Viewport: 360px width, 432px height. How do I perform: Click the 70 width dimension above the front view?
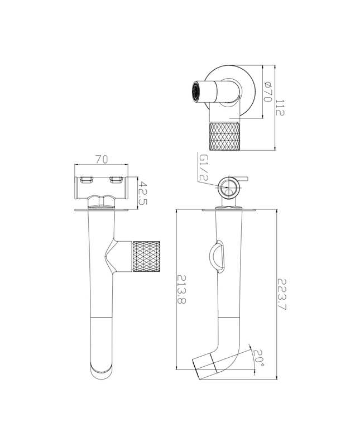pyautogui.click(x=102, y=159)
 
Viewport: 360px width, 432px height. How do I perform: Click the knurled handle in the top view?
pyautogui.click(x=224, y=137)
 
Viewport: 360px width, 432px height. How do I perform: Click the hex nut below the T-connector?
pyautogui.click(x=101, y=201)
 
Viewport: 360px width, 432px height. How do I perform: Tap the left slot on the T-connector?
pyautogui.click(x=86, y=179)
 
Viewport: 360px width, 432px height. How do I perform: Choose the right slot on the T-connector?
pyautogui.click(x=116, y=179)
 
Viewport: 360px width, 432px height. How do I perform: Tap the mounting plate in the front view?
pyautogui.click(x=101, y=210)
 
